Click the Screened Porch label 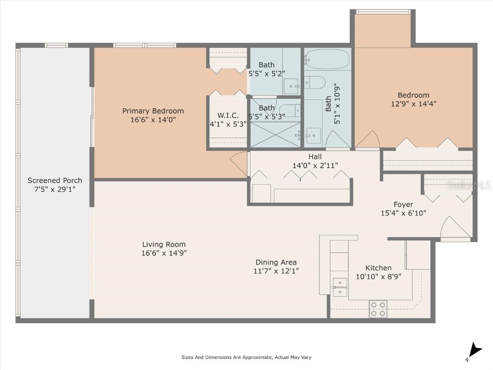(x=54, y=181)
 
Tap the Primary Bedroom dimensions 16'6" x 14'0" (x=153, y=120)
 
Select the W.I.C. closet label (x=228, y=116)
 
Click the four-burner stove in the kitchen (x=378, y=309)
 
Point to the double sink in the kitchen (x=340, y=287)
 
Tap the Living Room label (x=164, y=244)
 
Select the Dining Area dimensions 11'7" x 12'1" (x=276, y=271)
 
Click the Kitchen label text (x=378, y=268)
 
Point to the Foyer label (x=403, y=204)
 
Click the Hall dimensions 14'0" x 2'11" (x=315, y=165)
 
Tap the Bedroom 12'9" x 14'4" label (x=413, y=99)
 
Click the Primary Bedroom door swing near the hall (x=238, y=164)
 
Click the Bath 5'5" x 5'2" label (x=266, y=69)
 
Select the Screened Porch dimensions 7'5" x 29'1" (x=54, y=189)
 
